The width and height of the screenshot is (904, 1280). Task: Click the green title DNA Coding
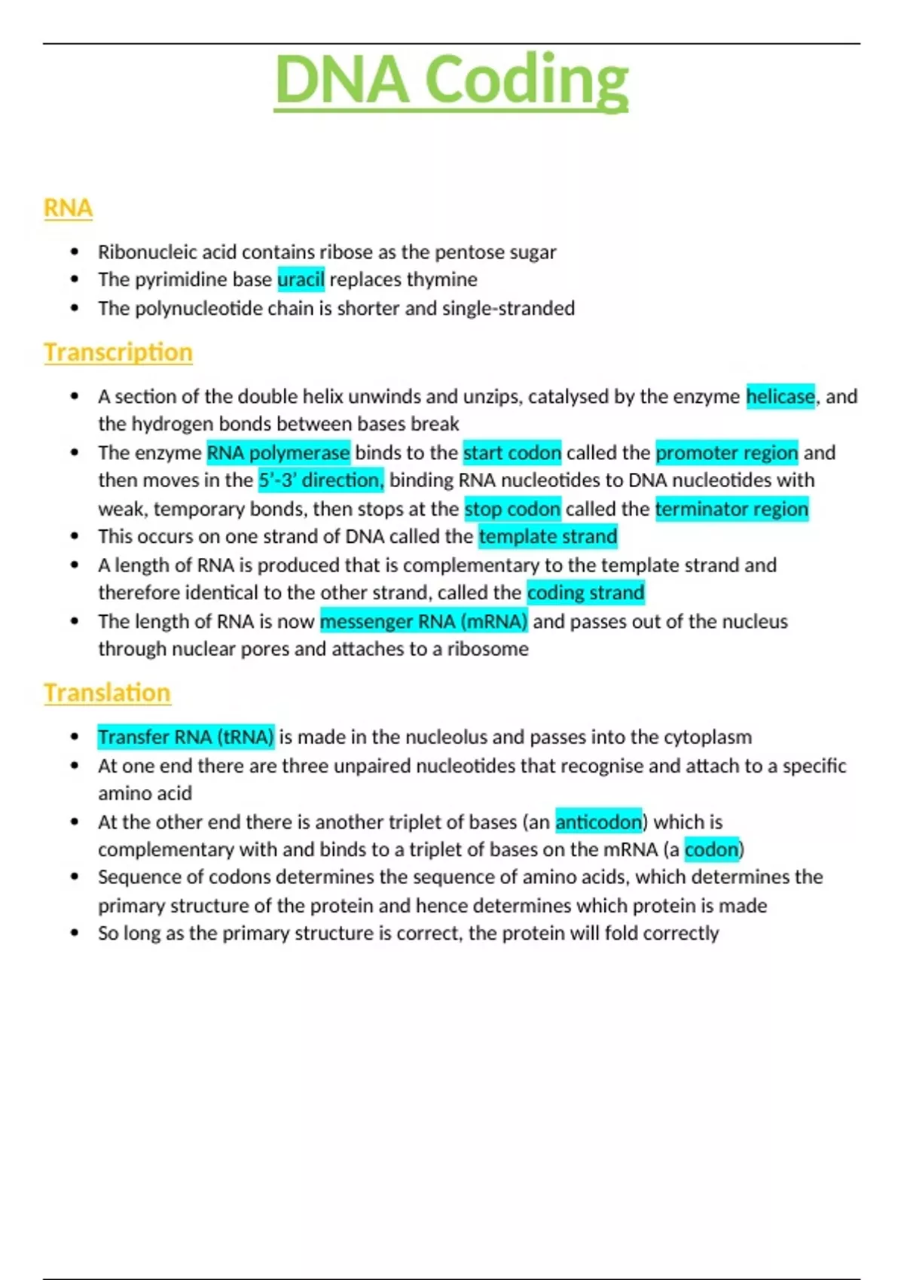[x=451, y=80]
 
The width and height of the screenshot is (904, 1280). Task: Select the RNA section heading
[x=68, y=208]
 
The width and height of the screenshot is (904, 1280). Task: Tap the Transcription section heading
[x=118, y=352]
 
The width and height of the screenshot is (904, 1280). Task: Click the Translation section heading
[x=107, y=693]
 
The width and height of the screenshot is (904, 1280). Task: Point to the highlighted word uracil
[x=301, y=280]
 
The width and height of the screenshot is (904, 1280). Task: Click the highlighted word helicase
[x=780, y=397]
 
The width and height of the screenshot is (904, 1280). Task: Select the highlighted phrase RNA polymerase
[x=278, y=453]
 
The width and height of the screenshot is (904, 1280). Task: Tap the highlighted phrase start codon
[x=512, y=453]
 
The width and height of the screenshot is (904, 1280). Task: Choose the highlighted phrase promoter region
[x=726, y=453]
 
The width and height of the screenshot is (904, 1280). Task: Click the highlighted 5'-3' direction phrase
[x=321, y=480]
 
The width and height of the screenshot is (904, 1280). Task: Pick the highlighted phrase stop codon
[x=512, y=510]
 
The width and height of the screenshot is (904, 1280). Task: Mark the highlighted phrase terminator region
[x=731, y=510]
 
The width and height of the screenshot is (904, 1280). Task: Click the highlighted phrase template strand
[x=548, y=537]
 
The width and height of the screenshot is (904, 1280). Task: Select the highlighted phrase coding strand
[x=585, y=593]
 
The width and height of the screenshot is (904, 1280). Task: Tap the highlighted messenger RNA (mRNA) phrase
[x=423, y=622]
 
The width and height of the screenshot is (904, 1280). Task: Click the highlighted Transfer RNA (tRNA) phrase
[x=185, y=737]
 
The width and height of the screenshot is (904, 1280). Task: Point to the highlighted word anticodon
[x=598, y=822]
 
